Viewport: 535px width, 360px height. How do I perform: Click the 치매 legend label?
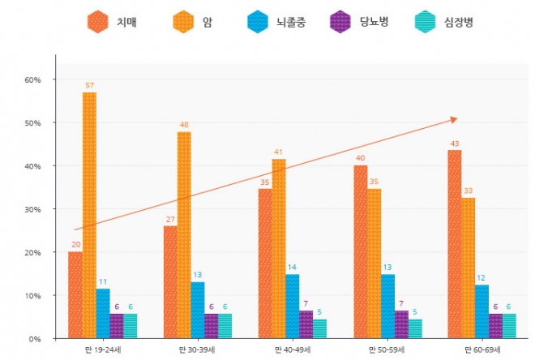[126, 22]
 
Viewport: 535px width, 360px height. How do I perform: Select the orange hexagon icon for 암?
[183, 22]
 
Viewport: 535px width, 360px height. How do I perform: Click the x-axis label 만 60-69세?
[481, 349]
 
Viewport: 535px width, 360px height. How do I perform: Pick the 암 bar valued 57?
[89, 215]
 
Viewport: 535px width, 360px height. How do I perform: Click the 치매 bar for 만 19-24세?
[75, 294]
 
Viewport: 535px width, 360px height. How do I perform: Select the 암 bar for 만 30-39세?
[184, 235]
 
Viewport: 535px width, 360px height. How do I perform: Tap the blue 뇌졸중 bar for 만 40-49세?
[293, 306]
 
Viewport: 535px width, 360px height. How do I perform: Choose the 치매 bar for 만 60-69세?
[455, 243]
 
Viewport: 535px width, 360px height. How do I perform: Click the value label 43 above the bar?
[455, 144]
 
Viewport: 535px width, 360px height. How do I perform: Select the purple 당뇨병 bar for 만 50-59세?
[401, 324]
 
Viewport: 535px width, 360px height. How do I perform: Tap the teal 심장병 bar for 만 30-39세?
[225, 326]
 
